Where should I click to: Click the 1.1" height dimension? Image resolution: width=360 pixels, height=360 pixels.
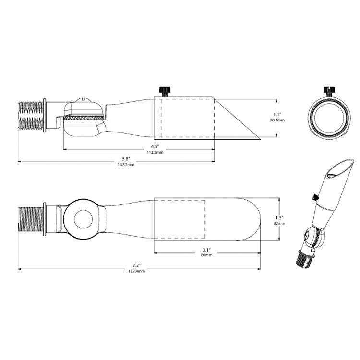coord(277,114)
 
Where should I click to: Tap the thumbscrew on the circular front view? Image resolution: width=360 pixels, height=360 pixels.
coord(329,90)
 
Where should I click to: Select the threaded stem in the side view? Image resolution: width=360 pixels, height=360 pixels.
coord(30,115)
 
